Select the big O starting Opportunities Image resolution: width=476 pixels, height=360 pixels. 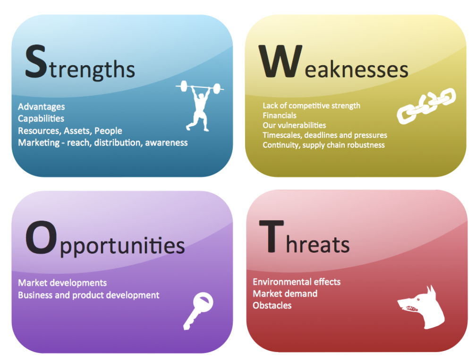(x=41, y=238)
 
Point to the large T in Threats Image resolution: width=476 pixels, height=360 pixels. (x=272, y=236)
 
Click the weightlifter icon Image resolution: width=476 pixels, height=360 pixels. (x=199, y=105)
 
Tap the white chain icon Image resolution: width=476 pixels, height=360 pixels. (x=426, y=106)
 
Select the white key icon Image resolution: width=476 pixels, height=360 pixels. (x=198, y=310)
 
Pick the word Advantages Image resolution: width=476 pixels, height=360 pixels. (x=41, y=107)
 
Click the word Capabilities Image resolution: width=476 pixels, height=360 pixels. (x=41, y=119)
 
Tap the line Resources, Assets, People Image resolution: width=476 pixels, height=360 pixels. (x=70, y=131)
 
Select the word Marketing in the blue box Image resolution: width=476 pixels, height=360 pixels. (x=39, y=143)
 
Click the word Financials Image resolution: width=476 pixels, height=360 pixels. (x=279, y=115)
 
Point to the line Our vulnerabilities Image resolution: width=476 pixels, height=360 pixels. (x=294, y=126)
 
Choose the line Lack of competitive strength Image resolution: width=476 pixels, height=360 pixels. (x=312, y=106)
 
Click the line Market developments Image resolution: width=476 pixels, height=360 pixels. (x=62, y=283)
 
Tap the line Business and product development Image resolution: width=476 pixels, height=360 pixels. (x=89, y=295)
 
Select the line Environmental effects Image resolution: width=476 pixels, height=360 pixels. (x=297, y=282)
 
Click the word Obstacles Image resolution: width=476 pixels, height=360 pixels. (x=272, y=305)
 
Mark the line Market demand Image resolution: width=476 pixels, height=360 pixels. (x=285, y=293)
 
